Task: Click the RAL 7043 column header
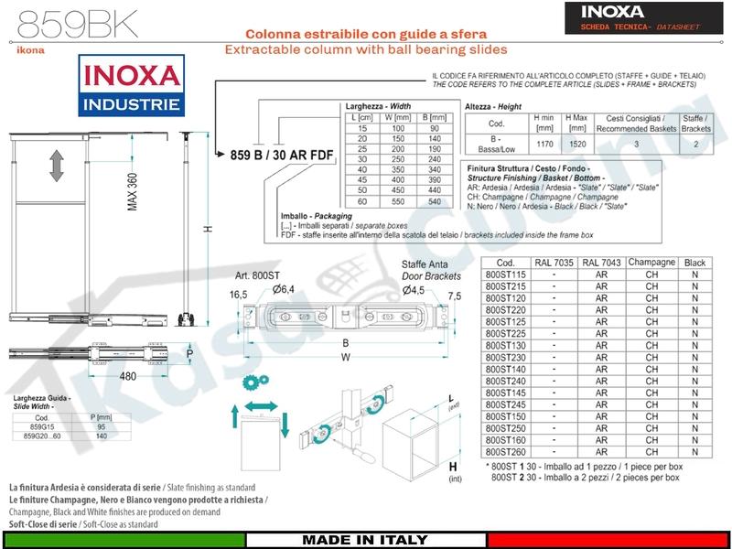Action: [601, 262]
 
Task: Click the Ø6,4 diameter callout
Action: [283, 289]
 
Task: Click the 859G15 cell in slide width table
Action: [39, 426]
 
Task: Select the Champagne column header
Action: [651, 262]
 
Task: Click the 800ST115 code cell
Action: [507, 274]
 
